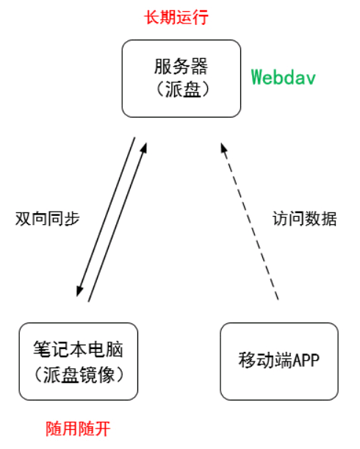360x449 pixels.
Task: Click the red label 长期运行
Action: click(176, 17)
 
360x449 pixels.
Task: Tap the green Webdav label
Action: click(284, 76)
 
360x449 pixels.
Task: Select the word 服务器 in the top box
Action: click(181, 66)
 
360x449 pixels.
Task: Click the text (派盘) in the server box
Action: click(182, 90)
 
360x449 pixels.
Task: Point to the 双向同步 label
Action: click(47, 219)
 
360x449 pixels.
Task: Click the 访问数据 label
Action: click(305, 219)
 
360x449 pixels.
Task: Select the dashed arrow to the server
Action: click(250, 221)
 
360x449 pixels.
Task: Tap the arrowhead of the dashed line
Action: click(223, 148)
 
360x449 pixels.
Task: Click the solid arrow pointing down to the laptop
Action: click(106, 217)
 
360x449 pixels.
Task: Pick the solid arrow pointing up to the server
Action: click(118, 222)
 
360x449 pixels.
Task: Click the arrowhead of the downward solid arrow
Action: click(79, 291)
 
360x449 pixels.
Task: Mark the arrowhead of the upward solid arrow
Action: click(144, 148)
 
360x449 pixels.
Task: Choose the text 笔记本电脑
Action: click(78, 349)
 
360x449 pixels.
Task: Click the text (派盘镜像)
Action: click(79, 374)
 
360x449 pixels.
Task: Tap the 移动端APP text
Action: click(279, 360)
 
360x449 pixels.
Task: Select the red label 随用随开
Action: click(78, 428)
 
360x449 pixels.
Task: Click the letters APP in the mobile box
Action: click(306, 361)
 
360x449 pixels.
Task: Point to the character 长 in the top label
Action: click(152, 17)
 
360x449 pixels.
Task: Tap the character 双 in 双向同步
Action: click(23, 219)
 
